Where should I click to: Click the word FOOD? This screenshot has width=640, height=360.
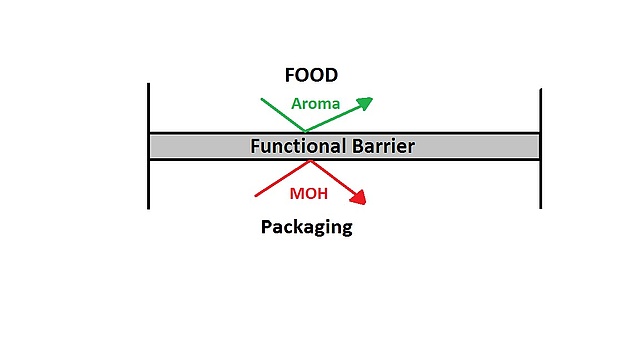(311, 75)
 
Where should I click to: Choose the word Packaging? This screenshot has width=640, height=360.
(306, 227)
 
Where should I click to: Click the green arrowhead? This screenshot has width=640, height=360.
(365, 101)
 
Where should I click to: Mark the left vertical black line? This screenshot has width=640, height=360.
(148, 146)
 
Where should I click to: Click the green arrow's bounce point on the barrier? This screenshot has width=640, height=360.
(305, 131)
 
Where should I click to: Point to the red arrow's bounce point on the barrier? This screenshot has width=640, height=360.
(312, 160)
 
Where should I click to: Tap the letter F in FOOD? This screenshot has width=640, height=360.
(290, 75)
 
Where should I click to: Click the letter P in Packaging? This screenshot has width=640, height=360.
(267, 226)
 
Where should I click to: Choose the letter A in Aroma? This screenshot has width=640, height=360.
(297, 104)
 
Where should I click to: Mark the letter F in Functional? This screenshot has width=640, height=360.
(255, 146)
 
